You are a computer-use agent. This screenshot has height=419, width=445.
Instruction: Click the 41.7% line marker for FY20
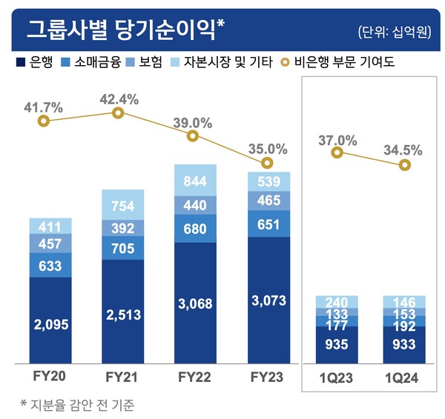click(x=44, y=121)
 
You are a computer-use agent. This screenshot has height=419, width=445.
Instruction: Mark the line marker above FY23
click(x=268, y=162)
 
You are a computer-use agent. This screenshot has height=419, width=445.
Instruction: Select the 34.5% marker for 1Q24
click(x=404, y=164)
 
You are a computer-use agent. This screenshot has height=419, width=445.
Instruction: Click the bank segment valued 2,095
click(x=50, y=323)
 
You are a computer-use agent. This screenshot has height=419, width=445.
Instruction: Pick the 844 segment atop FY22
click(x=195, y=181)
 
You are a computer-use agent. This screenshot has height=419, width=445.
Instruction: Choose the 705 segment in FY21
click(x=123, y=249)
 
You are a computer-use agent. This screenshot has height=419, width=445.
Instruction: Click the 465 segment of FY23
click(x=268, y=201)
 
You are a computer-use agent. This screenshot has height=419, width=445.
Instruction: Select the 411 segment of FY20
click(x=50, y=225)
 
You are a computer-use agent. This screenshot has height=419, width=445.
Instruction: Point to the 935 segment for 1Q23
click(x=337, y=345)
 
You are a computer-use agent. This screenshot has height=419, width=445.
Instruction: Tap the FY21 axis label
click(x=123, y=376)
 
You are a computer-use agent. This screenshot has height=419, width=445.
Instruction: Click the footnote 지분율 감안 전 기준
click(x=82, y=404)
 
